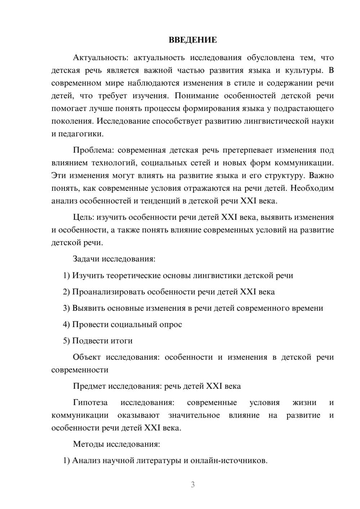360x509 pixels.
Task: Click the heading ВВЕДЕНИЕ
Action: click(x=193, y=40)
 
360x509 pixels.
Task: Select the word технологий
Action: click(x=114, y=163)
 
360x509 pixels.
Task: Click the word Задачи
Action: click(x=86, y=259)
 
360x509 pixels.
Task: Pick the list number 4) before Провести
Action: click(x=66, y=324)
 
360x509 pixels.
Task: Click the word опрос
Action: click(x=170, y=324)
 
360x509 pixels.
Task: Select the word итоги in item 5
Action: click(x=121, y=341)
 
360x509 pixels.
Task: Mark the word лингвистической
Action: click(x=279, y=121)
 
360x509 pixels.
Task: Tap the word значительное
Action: click(x=194, y=415)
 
